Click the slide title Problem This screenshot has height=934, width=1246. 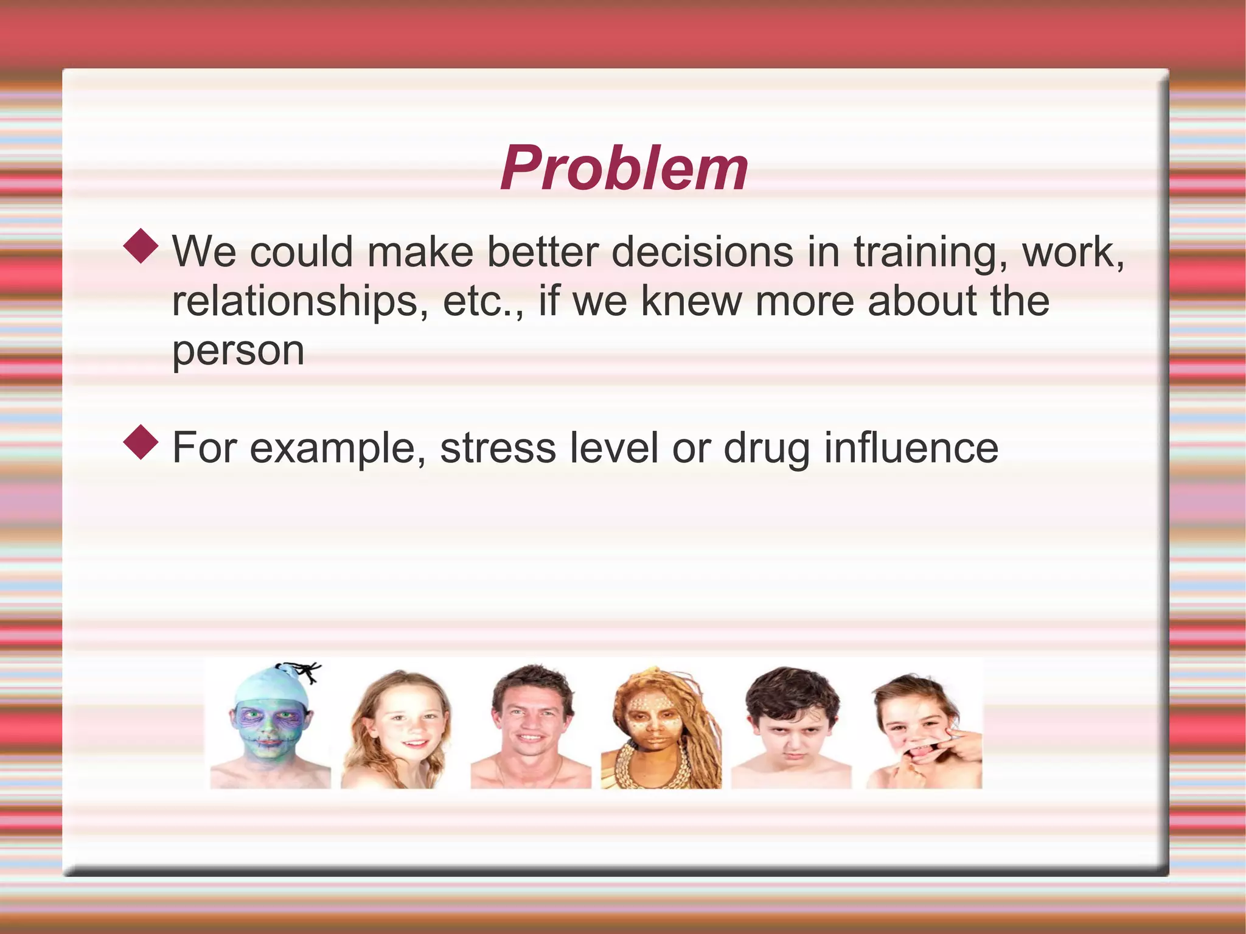click(x=624, y=169)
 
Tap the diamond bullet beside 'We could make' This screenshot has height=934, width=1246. click(x=141, y=246)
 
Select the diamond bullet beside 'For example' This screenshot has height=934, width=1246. click(x=141, y=442)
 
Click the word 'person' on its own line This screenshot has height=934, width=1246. click(x=238, y=351)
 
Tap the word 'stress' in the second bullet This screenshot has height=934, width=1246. click(x=498, y=448)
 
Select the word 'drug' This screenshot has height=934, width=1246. click(x=767, y=449)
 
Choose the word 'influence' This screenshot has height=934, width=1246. click(x=911, y=448)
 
